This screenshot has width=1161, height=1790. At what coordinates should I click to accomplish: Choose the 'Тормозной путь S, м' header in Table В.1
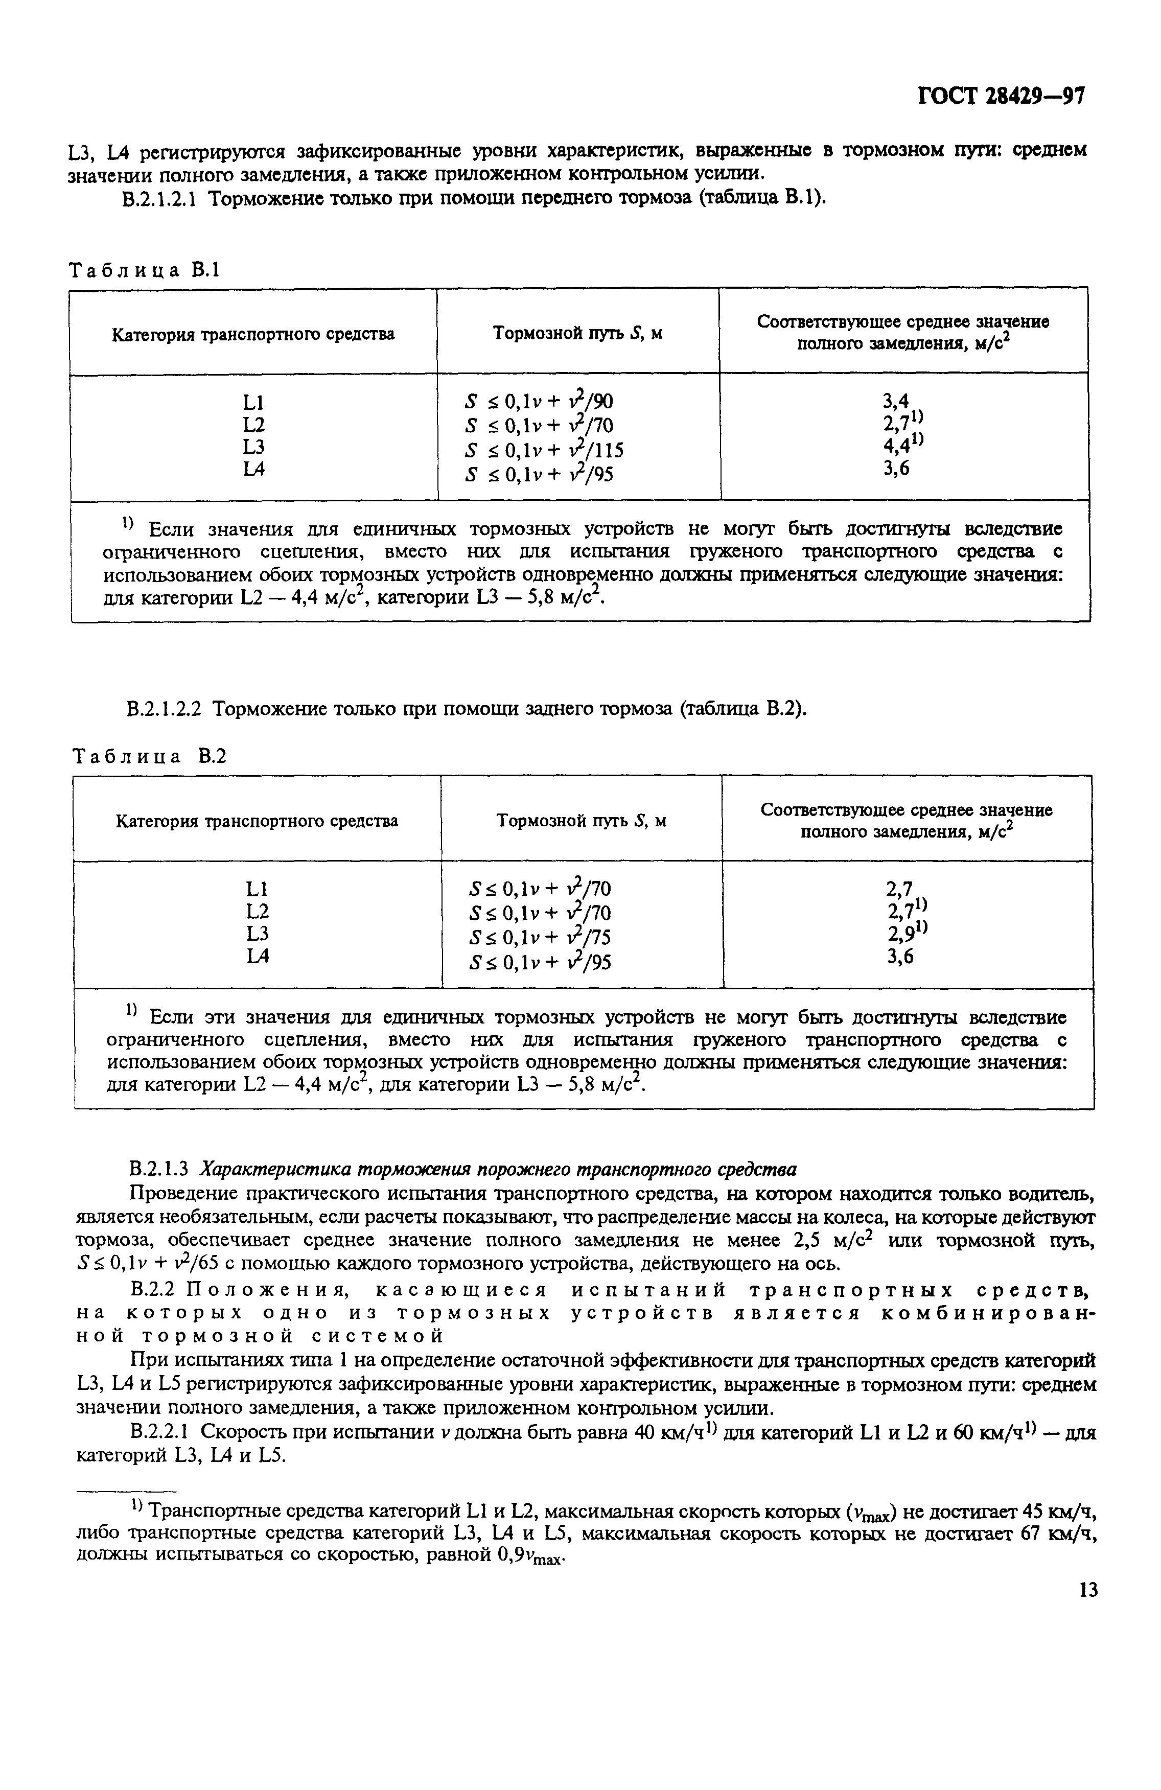(x=577, y=333)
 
